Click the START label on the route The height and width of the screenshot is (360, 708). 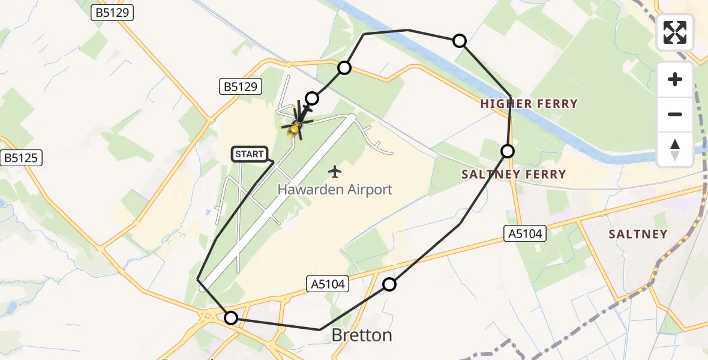(x=250, y=154)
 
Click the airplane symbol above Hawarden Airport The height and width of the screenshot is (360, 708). (x=335, y=172)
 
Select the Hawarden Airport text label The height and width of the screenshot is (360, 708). (x=335, y=190)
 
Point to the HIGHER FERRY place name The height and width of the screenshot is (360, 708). (x=529, y=104)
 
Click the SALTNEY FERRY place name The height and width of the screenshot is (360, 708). (x=513, y=175)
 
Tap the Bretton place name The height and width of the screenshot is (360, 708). (x=362, y=335)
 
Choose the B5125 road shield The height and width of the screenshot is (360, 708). (x=20, y=158)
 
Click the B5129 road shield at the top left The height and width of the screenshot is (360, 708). (x=112, y=13)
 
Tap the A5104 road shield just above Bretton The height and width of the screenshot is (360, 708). (x=328, y=284)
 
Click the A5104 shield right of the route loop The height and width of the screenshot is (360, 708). (x=524, y=234)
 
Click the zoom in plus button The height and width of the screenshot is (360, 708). (x=675, y=79)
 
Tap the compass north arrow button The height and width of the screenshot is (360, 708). (x=675, y=149)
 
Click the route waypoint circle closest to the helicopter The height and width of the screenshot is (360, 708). (x=312, y=98)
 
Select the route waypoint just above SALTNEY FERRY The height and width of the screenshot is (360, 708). (x=508, y=151)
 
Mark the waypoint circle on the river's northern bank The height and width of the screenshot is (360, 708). (x=459, y=41)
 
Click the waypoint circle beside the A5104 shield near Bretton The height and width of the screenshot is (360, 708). (x=389, y=284)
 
